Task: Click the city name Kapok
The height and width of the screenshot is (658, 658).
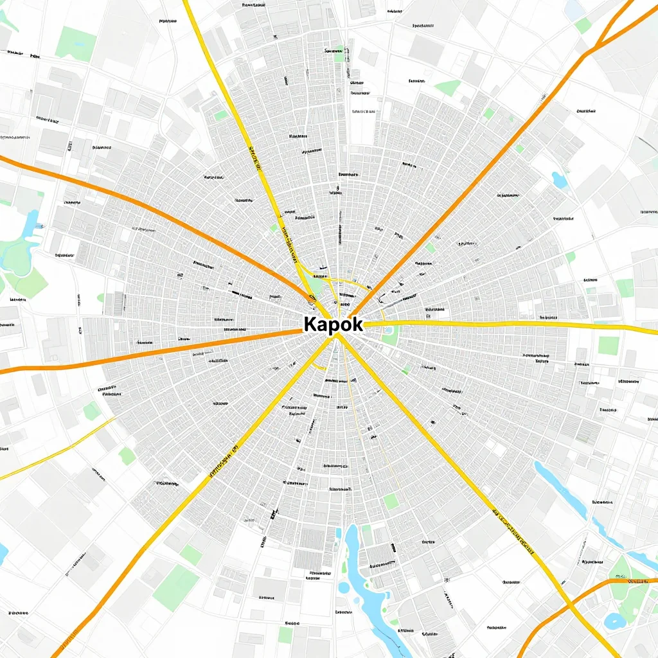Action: tap(333, 325)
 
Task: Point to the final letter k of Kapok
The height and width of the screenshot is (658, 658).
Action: tap(356, 325)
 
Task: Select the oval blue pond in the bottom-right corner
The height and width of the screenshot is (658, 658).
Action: tap(615, 621)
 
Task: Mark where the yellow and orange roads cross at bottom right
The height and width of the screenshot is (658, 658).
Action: tap(569, 605)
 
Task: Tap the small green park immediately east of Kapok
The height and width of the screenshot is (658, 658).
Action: tap(390, 335)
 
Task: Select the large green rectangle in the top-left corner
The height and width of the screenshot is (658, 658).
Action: tap(75, 44)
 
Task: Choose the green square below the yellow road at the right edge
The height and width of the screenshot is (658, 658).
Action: tap(608, 345)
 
